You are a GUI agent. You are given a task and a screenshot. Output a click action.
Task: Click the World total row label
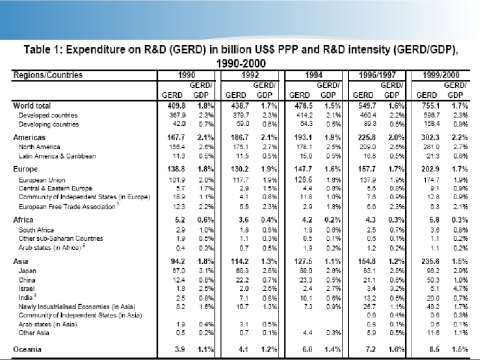point(34,105)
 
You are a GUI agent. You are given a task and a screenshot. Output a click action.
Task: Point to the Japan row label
point(29,270)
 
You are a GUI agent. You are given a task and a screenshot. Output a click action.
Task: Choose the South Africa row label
point(37,229)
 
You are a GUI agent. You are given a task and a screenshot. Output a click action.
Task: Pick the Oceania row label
point(29,348)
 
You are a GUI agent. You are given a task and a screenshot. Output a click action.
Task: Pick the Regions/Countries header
point(48,76)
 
